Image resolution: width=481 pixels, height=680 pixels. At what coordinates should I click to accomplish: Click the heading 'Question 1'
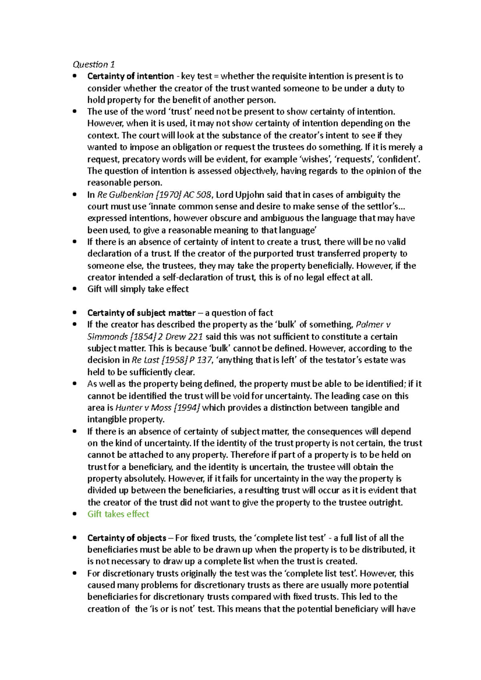[x=94, y=64]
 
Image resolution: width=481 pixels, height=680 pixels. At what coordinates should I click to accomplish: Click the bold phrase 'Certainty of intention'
[x=130, y=76]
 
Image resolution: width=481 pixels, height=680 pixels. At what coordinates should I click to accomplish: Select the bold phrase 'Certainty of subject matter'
[x=141, y=313]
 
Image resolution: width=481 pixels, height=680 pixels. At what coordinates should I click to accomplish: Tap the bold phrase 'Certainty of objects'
[x=127, y=538]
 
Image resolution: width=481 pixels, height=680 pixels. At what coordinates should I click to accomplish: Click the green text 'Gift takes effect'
[x=118, y=514]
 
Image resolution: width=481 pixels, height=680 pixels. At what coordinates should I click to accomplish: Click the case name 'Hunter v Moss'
[x=143, y=408]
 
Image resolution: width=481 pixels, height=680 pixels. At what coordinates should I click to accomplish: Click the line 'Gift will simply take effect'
[x=138, y=289]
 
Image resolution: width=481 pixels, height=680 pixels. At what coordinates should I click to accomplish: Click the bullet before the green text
[x=75, y=514]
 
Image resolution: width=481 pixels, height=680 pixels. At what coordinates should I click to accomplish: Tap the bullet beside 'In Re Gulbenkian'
[x=75, y=195]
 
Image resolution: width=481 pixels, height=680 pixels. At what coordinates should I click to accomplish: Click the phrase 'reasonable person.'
[x=125, y=183]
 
